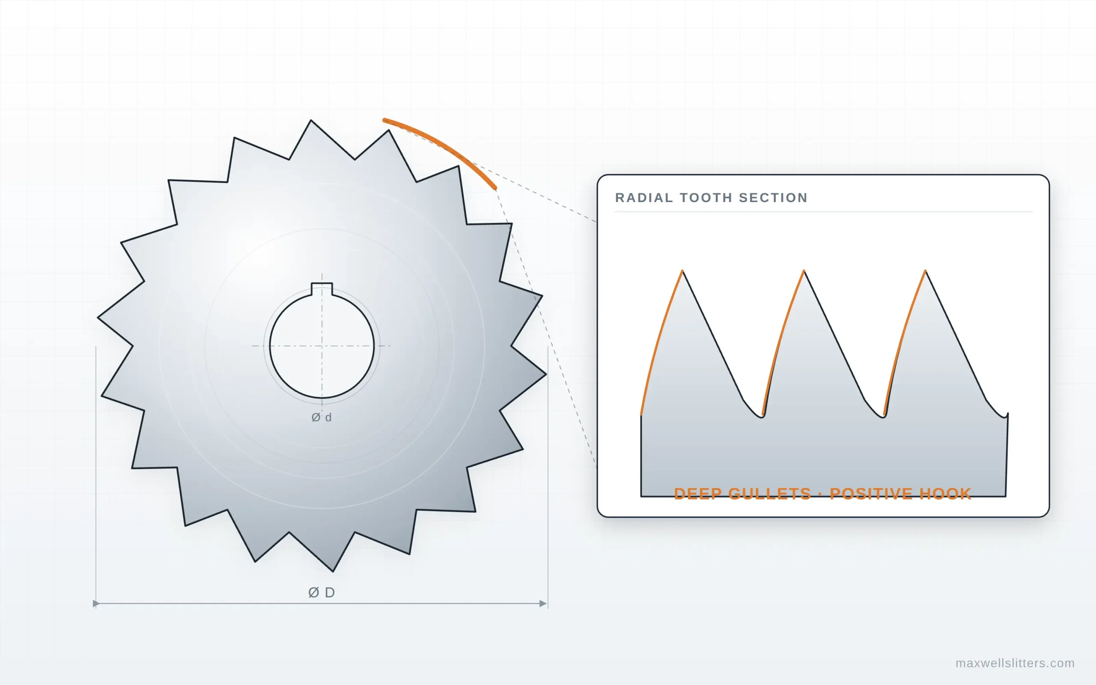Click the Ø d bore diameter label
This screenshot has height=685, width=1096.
click(x=322, y=417)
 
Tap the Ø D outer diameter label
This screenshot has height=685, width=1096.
click(x=322, y=592)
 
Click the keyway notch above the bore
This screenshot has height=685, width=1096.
click(x=322, y=289)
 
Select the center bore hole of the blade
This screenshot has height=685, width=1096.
click(x=322, y=345)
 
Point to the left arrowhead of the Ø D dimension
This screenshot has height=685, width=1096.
click(x=96, y=604)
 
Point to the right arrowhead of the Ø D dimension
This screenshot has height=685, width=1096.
click(x=543, y=604)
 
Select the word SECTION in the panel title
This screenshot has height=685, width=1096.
click(x=773, y=197)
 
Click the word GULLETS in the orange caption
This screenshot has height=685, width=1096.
click(x=769, y=493)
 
